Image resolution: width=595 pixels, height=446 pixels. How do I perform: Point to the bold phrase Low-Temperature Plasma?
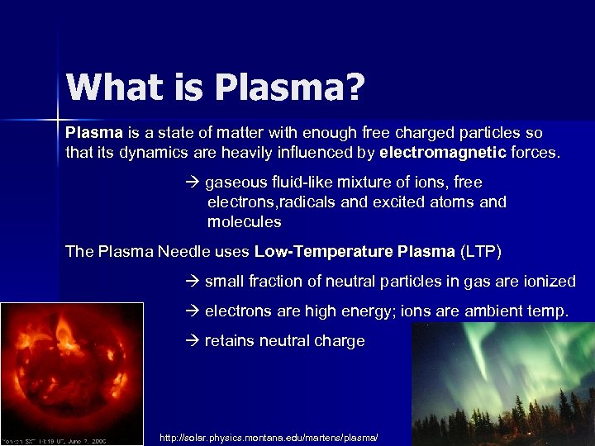tap(355, 251)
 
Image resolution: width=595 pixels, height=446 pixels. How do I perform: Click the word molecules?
tap(244, 222)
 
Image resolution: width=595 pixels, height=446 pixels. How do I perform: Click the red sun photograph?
tap(72, 372)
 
